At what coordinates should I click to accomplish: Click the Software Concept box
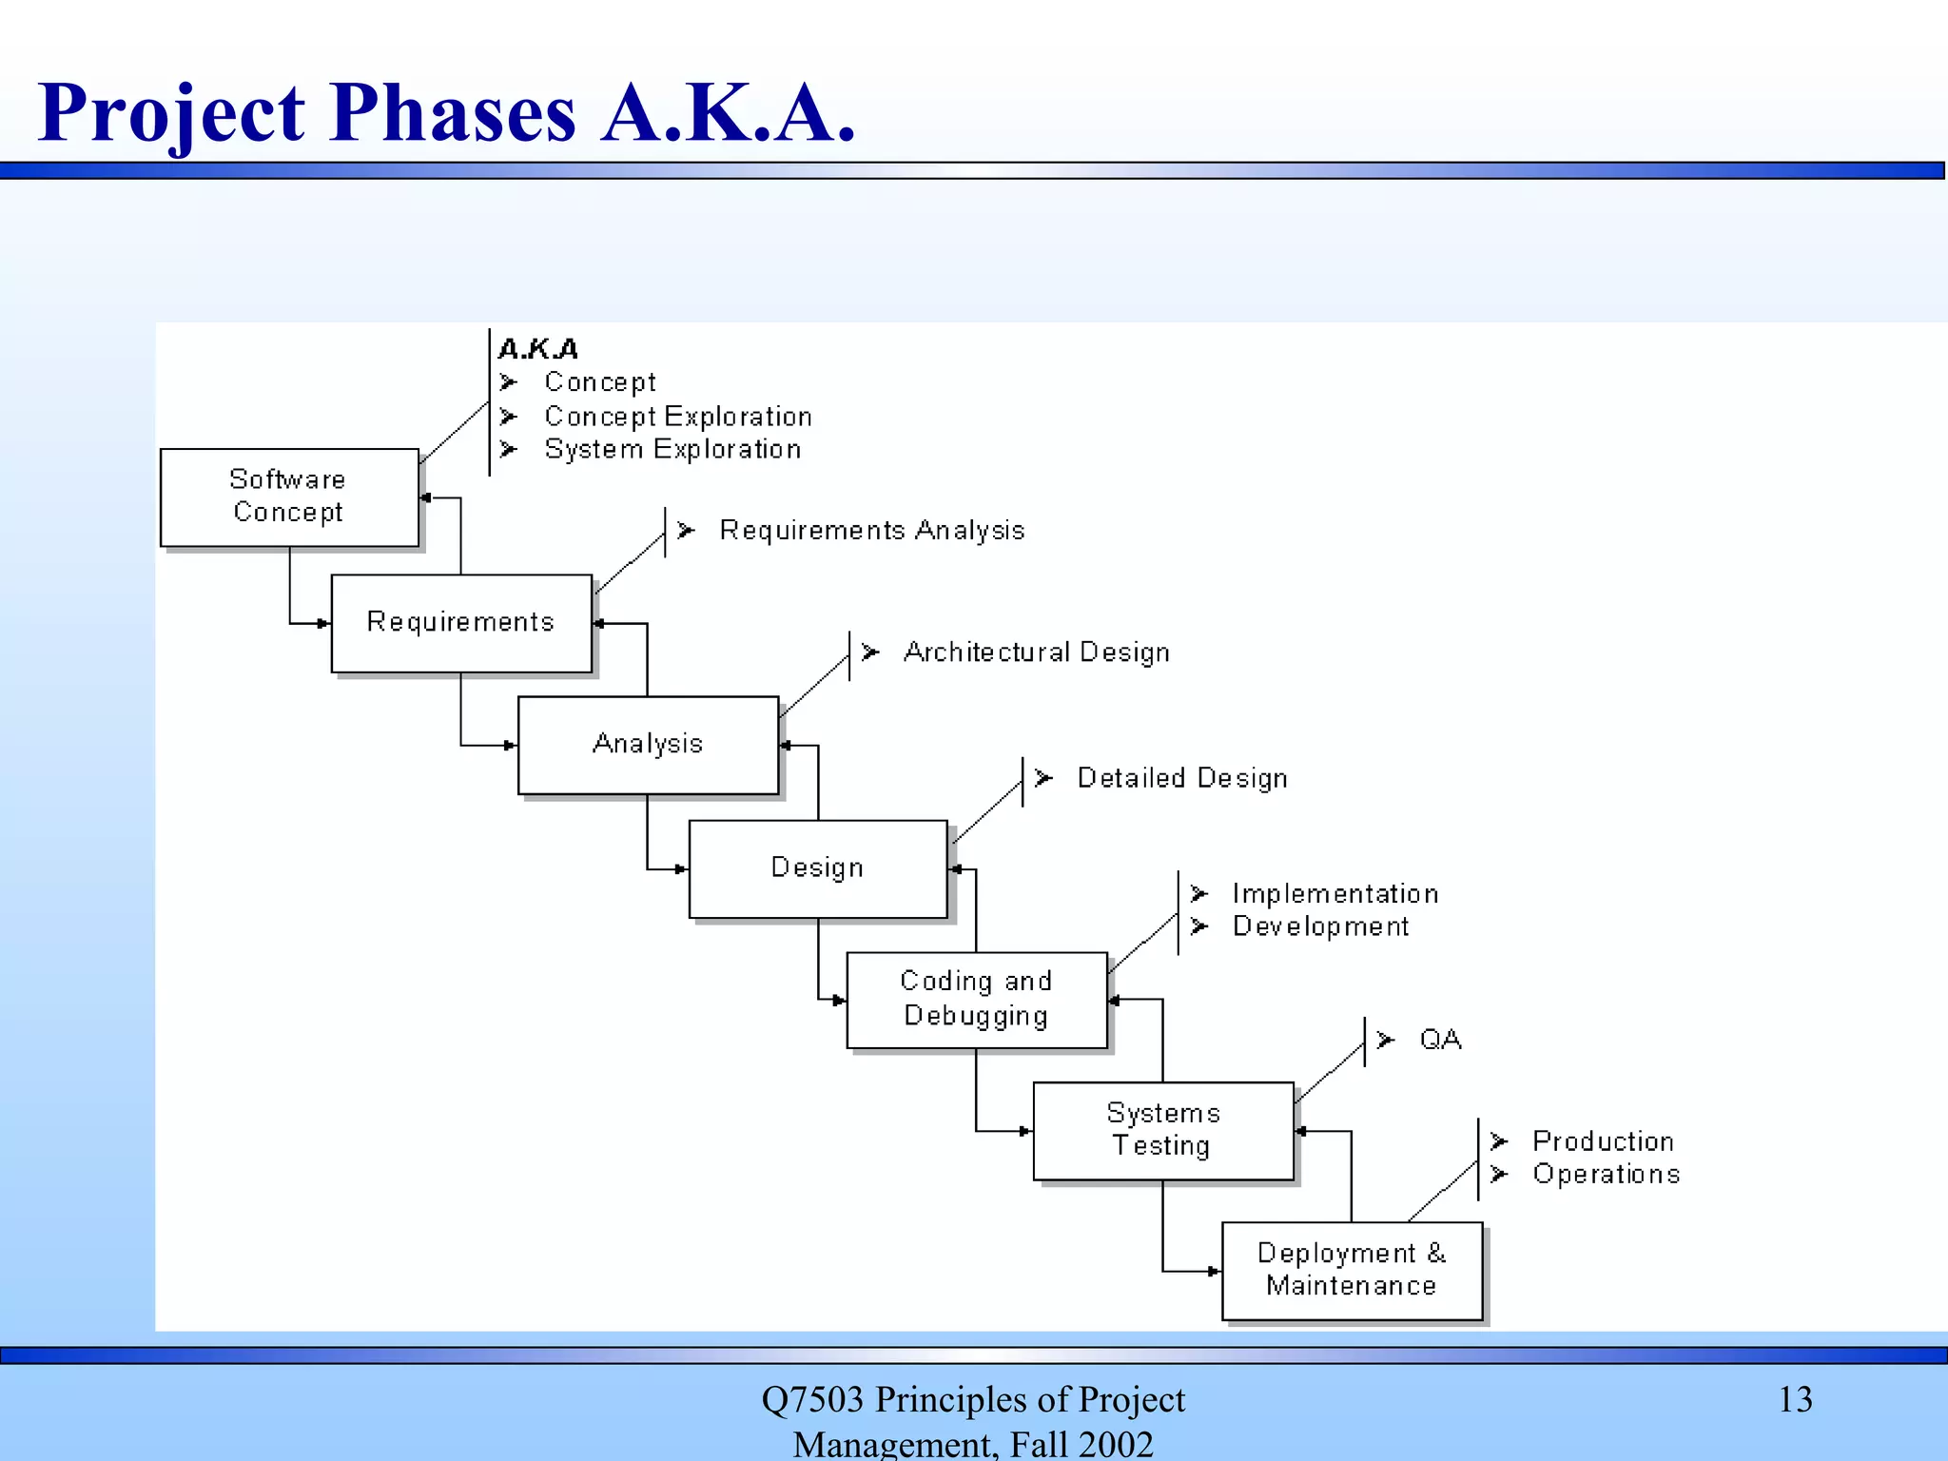coord(289,497)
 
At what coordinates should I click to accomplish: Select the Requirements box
coord(461,622)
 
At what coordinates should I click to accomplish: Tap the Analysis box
coord(648,744)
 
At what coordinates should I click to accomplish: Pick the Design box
coord(818,867)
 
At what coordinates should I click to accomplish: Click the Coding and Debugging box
coord(977,999)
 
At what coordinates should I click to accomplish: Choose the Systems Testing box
coord(1162,1130)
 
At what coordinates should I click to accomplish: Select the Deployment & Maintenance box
coord(1352,1270)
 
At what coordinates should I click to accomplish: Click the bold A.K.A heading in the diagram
coord(538,349)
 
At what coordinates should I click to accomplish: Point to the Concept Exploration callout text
coord(678,417)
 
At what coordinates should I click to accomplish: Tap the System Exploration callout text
coord(672,449)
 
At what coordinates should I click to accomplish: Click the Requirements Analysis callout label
coord(871,530)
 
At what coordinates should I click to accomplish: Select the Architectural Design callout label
coord(1036,653)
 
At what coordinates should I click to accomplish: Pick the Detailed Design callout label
coord(1182,778)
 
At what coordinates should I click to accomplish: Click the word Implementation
coord(1335,894)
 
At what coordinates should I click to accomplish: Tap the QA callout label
coord(1440,1040)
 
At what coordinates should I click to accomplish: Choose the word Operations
coord(1606,1174)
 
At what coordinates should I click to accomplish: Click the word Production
coord(1603,1141)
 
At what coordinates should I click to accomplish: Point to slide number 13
coord(1795,1399)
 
